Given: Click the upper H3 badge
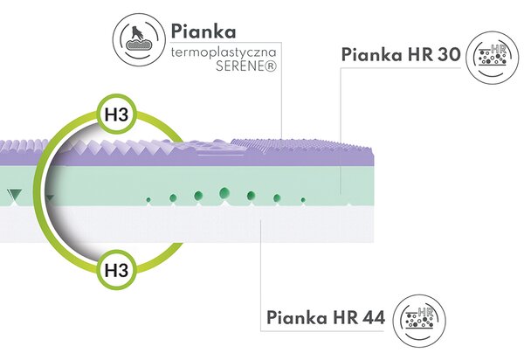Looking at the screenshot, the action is (117, 114).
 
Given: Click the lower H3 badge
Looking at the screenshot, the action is (117, 270).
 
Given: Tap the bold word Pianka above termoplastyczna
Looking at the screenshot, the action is (203, 31).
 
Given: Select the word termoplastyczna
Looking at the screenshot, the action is (224, 52).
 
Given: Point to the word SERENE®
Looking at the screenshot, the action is (246, 66).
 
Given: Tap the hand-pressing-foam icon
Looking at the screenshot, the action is (139, 39).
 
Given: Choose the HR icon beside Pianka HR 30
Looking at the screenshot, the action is (493, 57).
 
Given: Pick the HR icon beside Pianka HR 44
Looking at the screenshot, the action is (419, 321).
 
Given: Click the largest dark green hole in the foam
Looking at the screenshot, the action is (224, 193).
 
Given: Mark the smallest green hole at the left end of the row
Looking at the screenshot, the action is (148, 200).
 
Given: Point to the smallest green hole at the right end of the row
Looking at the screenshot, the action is (303, 200).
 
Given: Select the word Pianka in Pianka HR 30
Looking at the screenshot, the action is (372, 54).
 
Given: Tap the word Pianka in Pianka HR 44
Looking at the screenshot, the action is (298, 317).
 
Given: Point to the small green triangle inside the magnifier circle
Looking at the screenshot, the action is (50, 198).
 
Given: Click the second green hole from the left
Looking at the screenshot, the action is (173, 197).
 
